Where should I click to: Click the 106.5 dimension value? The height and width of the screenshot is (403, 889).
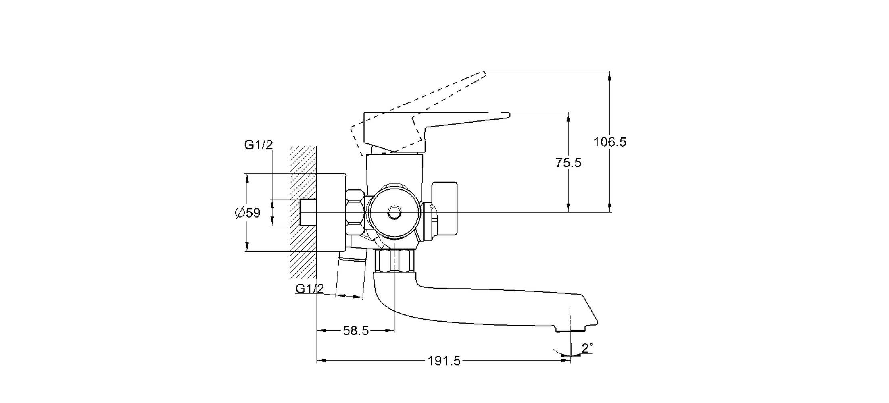tap(610, 142)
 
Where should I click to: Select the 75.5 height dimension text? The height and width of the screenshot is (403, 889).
tap(568, 162)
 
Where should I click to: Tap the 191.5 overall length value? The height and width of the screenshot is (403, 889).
tap(444, 361)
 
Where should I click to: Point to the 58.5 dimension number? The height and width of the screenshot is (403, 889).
tap(356, 331)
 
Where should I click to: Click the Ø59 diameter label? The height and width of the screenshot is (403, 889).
tap(248, 212)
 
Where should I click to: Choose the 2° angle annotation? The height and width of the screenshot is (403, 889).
tap(587, 348)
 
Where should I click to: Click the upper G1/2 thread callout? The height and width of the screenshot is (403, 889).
tap(259, 145)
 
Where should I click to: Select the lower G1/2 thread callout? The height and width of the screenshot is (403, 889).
tap(310, 289)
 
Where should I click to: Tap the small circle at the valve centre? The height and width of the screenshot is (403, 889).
tap(394, 212)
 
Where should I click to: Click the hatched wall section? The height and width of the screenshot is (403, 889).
tap(303, 212)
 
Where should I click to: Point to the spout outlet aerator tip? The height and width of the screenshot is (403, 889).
tap(570, 330)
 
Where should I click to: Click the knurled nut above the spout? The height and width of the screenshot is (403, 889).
tap(395, 261)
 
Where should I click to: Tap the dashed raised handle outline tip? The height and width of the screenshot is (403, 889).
tap(484, 73)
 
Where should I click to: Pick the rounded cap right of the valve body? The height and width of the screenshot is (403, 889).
tap(445, 208)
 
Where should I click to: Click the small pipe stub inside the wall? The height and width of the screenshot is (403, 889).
tap(309, 212)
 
